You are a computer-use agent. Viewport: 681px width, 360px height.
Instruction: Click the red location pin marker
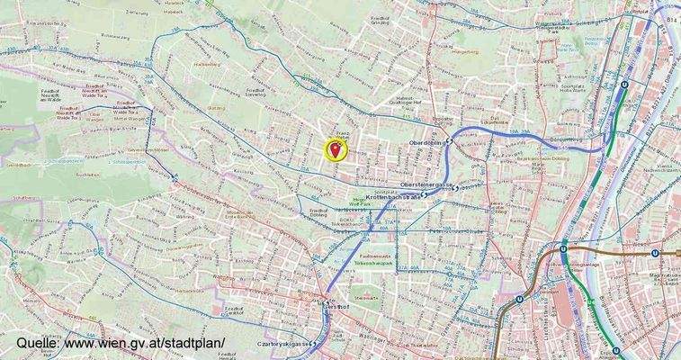pyautogui.click(x=338, y=148)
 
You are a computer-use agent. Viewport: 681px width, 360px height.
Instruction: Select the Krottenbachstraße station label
pyautogui.click(x=394, y=196)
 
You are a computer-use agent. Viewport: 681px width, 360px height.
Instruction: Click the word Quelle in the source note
pyautogui.click(x=36, y=344)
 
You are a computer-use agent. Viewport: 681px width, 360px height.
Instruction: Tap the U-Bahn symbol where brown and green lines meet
pyautogui.click(x=563, y=251)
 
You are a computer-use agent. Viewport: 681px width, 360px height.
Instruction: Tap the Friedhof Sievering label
pyautogui.click(x=255, y=93)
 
